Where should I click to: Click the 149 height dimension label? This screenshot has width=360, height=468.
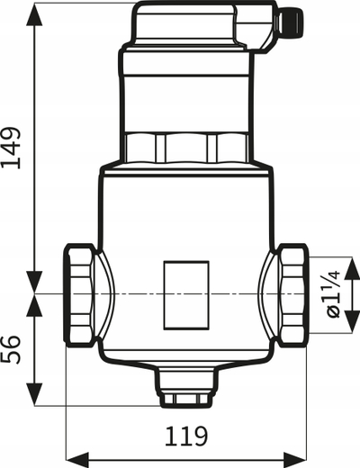pos(12,148)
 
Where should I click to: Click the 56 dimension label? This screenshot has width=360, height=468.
pos(12,350)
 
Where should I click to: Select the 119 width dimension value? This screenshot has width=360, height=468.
pos(186,436)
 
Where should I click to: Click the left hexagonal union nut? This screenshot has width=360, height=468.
pos(79,295)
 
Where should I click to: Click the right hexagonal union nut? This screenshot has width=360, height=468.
pos(293,295)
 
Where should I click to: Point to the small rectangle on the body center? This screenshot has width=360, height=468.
pos(186,295)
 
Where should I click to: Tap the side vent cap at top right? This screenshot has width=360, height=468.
pos(290,21)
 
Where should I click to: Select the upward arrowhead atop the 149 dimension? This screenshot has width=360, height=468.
pos(34,15)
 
